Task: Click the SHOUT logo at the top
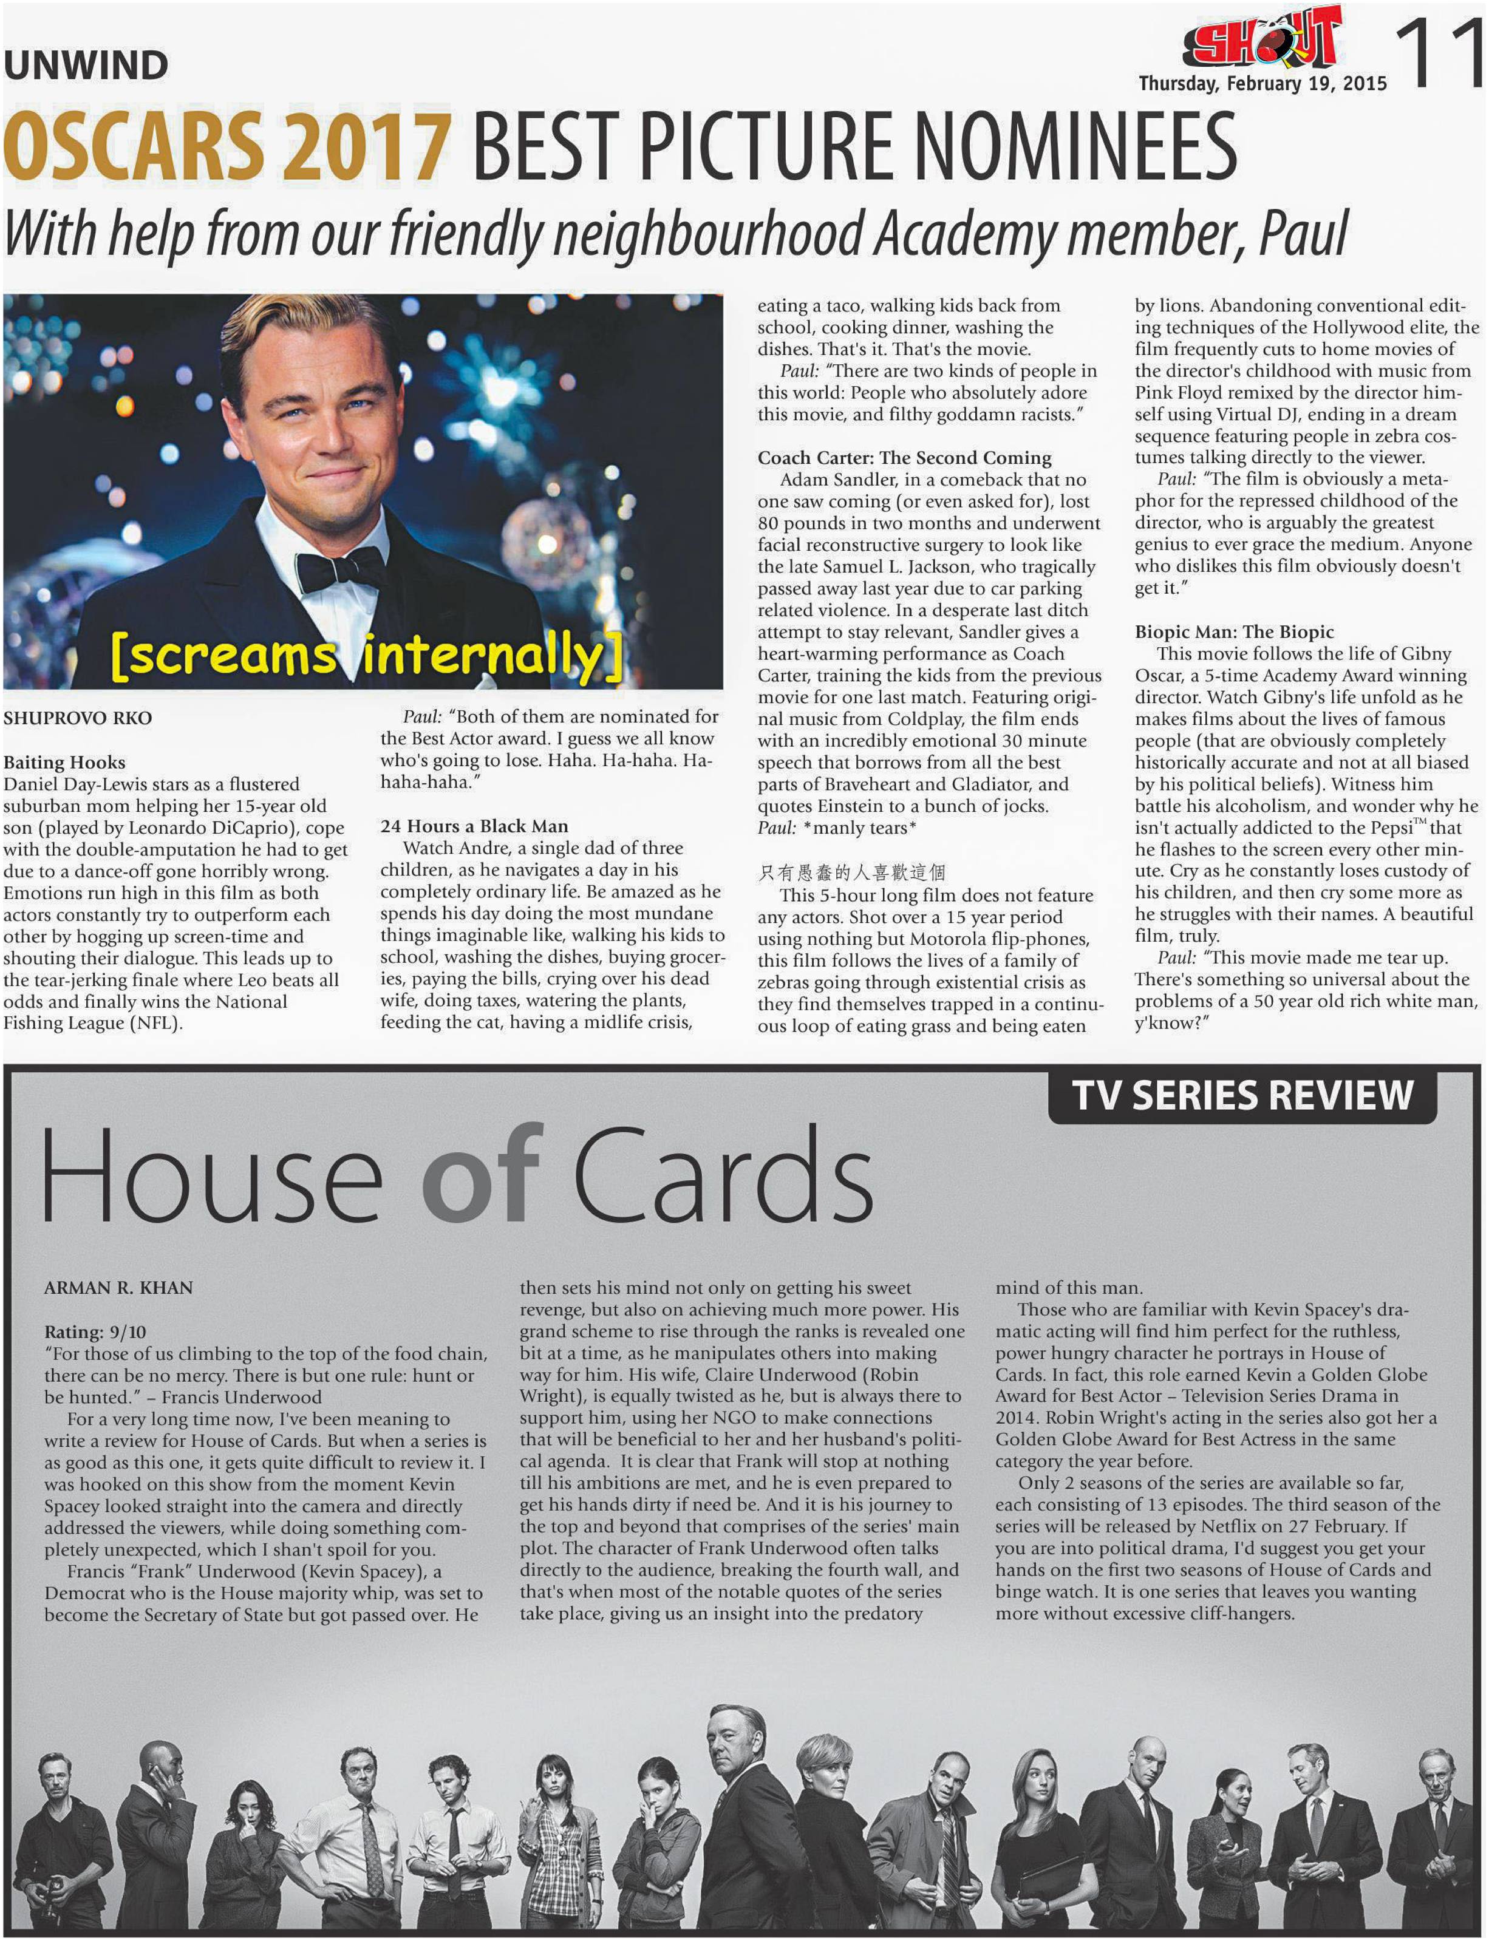(1263, 40)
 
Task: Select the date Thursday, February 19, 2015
(1262, 84)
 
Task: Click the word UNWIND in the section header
(86, 66)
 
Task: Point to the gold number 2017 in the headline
(368, 146)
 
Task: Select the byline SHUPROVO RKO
(77, 718)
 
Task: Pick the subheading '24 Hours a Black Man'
(474, 826)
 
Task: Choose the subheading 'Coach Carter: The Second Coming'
(904, 457)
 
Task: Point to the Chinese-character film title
(851, 872)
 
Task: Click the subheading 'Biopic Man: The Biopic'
(1234, 631)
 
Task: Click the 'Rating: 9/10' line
(96, 1331)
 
